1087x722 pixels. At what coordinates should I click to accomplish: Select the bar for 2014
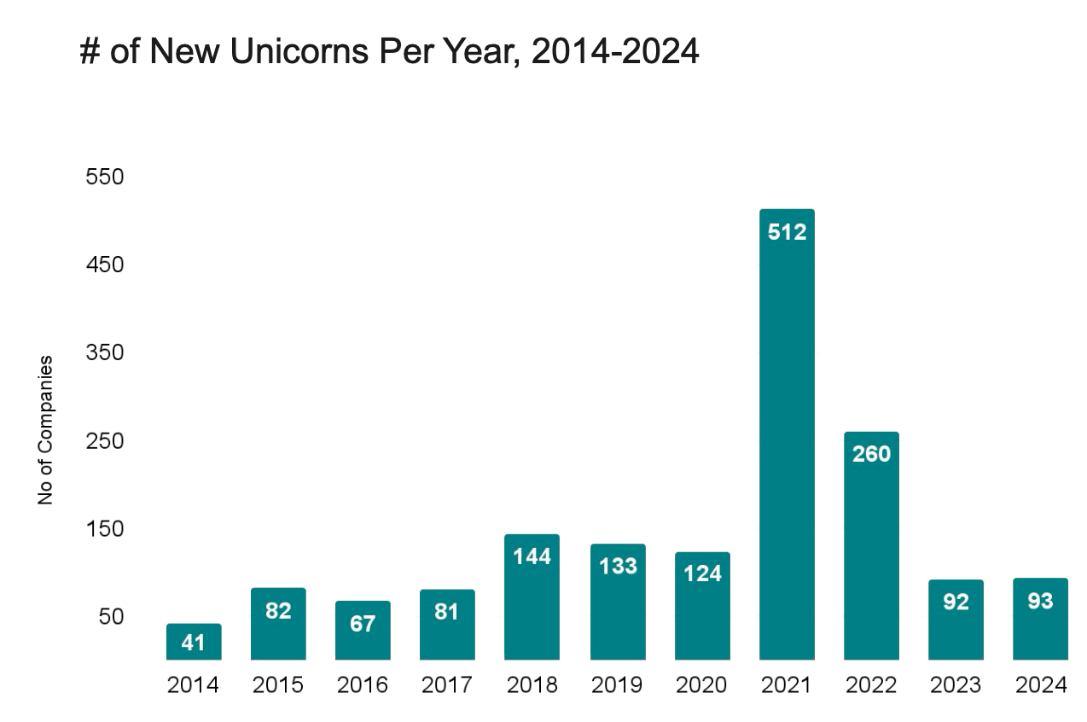pos(194,642)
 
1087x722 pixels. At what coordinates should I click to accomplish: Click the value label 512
pos(787,231)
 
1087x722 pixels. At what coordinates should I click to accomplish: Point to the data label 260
pos(871,454)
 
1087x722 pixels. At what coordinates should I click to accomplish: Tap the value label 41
pos(194,643)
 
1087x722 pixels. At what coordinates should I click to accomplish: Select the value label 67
pos(363,624)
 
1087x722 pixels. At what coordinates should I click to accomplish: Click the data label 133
pos(617,566)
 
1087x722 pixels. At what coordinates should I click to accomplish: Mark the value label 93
pos(1040,602)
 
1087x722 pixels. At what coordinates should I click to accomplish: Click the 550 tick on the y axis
pos(106,177)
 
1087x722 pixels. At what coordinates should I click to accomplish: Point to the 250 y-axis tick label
pos(106,440)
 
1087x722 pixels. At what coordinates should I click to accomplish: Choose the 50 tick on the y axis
pos(112,616)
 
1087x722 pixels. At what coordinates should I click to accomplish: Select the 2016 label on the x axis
pos(363,685)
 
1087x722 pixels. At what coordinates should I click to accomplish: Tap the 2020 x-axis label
pos(701,685)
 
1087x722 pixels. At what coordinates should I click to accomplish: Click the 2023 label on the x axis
pos(956,685)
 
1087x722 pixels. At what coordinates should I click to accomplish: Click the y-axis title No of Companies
pos(46,430)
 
